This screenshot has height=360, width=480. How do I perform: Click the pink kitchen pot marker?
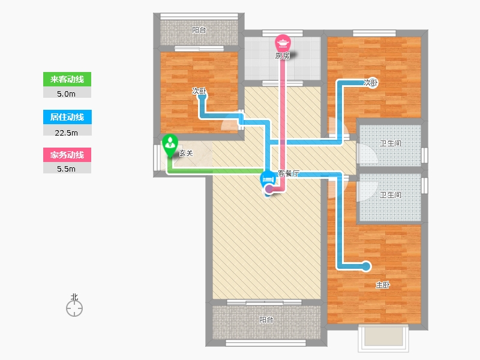pos(283,43)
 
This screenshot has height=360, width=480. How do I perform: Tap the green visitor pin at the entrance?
pos(170,145)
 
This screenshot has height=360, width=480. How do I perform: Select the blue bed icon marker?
pos(268,180)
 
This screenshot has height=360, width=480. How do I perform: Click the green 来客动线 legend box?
pos(67,79)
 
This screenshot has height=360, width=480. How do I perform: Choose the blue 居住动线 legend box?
pos(67,117)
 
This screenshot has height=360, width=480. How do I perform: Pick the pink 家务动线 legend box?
pos(67,155)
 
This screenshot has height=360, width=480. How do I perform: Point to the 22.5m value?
pos(66,133)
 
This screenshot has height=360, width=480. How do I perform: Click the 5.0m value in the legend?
pos(66,94)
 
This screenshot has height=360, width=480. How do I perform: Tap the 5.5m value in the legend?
pos(66,169)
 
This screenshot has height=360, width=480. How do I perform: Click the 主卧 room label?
pos(383,285)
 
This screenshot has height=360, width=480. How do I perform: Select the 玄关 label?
pos(186,153)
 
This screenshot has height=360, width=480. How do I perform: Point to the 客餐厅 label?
pos(289,173)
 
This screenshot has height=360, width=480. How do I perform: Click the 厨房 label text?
pos(282,56)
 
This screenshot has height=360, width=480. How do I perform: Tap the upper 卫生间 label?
pos(391,143)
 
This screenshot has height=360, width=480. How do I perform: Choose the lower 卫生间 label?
pos(391,195)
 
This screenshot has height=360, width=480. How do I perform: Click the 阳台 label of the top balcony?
pos(199,30)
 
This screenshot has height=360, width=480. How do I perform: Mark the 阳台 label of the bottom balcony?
pos(266,320)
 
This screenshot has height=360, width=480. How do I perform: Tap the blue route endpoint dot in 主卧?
pos(366,266)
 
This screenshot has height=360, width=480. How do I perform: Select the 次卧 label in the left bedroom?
pos(199,91)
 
